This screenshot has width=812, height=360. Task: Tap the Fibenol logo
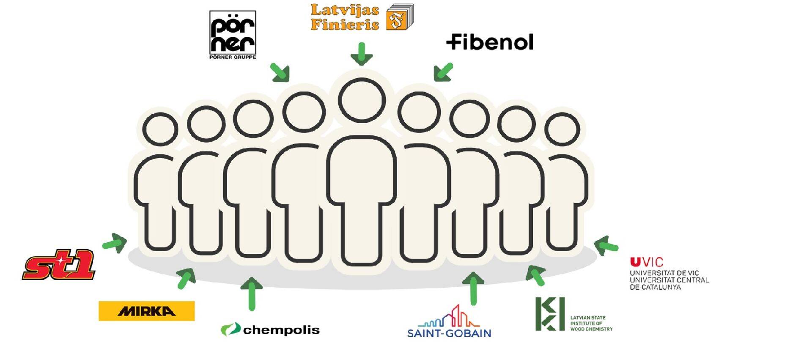pyautogui.click(x=490, y=42)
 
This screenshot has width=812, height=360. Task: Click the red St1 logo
pyautogui.click(x=59, y=265)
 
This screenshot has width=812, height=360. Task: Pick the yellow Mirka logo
pyautogui.click(x=146, y=311)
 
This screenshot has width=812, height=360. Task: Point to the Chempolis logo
pyautogui.click(x=270, y=330)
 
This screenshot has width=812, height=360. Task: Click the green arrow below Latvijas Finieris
pyautogui.click(x=361, y=54)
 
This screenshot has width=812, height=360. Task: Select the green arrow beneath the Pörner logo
pyautogui.click(x=280, y=72)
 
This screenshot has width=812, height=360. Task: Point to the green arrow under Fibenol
pyautogui.click(x=443, y=72)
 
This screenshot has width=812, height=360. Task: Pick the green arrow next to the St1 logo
pyautogui.click(x=115, y=243)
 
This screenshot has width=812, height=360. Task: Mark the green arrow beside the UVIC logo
pyautogui.click(x=606, y=245)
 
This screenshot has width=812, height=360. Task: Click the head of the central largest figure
pyautogui.click(x=362, y=101)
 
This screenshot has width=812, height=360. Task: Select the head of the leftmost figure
pyautogui.click(x=160, y=129)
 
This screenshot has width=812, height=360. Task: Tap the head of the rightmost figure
pyautogui.click(x=562, y=129)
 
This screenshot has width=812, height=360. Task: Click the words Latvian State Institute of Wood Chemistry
pyautogui.click(x=591, y=323)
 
